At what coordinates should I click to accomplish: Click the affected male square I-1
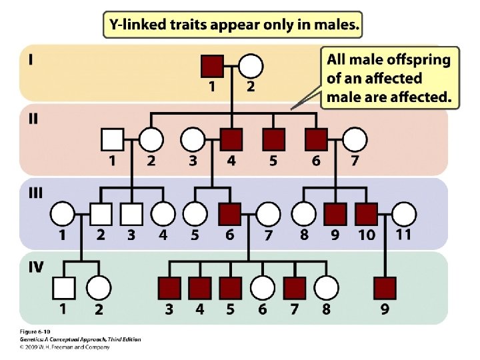click(212, 66)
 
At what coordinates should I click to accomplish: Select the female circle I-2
click(251, 66)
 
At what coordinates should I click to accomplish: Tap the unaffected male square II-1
click(111, 140)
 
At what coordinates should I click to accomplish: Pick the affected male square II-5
click(273, 140)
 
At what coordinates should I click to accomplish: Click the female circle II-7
click(355, 140)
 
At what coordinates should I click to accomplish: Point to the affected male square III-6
click(229, 214)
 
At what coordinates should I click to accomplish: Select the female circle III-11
click(403, 214)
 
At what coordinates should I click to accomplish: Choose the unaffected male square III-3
click(132, 214)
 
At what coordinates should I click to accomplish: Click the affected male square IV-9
click(385, 288)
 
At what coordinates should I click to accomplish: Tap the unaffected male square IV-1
click(63, 288)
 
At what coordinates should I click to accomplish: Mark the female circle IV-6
click(262, 288)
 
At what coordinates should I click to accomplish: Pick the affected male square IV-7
click(294, 288)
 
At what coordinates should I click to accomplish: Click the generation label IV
click(35, 267)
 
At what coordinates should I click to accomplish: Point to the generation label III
click(35, 193)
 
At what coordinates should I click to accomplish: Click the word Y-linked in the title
click(141, 25)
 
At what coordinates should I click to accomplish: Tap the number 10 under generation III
click(366, 235)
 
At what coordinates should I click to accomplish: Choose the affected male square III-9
click(335, 214)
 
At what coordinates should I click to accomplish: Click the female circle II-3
click(193, 140)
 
